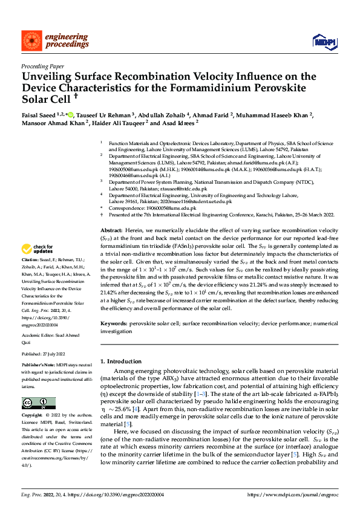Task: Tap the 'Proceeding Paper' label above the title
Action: (x=41, y=67)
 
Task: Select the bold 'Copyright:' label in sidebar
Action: (x=33, y=417)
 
